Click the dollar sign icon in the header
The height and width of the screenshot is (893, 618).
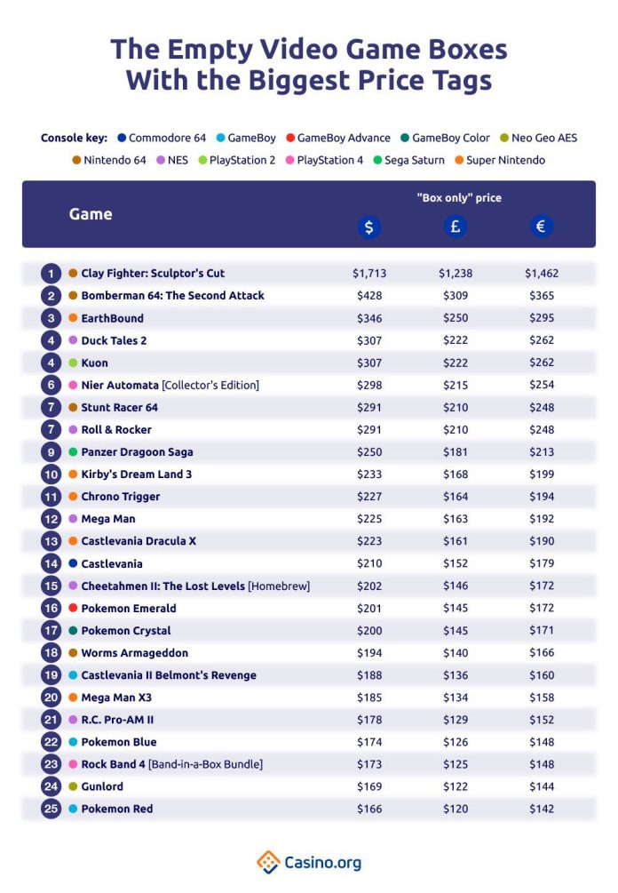coord(368,227)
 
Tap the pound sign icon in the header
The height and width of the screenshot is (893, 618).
coord(455,227)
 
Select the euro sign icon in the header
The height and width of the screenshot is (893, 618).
coord(541,227)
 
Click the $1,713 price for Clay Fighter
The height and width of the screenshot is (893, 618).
coord(368,274)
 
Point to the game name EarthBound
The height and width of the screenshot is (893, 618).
coord(112,318)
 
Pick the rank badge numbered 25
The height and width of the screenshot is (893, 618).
coord(51,809)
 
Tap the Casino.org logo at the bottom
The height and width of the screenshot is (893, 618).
coord(309,861)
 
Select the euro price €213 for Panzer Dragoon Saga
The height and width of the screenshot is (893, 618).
coord(541,452)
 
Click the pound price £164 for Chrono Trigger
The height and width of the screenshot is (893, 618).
coord(455,497)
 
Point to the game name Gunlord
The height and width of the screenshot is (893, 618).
coord(102,786)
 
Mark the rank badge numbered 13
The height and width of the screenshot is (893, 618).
coord(51,541)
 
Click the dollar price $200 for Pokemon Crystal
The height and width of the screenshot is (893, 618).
coord(368,631)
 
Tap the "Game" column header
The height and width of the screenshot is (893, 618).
coord(91,214)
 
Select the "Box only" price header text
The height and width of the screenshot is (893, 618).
coord(458,197)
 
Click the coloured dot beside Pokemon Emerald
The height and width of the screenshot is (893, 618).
coord(73,609)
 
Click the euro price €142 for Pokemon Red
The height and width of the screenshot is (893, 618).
coord(541,809)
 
